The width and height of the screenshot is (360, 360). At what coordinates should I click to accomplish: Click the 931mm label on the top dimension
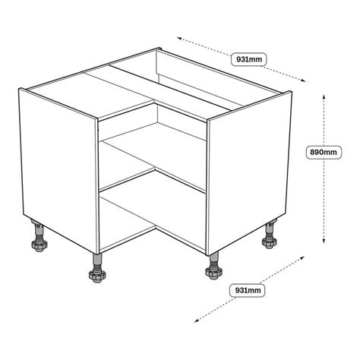[x=248, y=59]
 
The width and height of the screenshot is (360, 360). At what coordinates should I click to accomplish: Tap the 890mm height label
[x=324, y=152]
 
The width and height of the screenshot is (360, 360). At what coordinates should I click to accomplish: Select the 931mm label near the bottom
[x=248, y=290]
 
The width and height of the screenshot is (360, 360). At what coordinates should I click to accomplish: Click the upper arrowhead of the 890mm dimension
[x=324, y=96]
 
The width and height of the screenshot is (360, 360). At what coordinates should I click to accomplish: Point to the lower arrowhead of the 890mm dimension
[x=324, y=241]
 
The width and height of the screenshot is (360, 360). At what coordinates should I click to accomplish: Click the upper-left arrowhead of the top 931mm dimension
[x=179, y=38]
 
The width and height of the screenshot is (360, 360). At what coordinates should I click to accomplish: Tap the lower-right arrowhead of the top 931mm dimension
[x=303, y=81]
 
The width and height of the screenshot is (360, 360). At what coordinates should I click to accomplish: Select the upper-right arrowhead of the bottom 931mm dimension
[x=302, y=257]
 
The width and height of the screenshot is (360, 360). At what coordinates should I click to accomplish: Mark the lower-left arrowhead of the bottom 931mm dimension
[x=197, y=321]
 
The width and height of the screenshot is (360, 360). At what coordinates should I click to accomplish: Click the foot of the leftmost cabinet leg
[x=39, y=245]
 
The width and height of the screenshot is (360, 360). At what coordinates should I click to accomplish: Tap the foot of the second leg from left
[x=97, y=276]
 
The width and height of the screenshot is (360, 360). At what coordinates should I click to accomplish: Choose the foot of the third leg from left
[x=213, y=273]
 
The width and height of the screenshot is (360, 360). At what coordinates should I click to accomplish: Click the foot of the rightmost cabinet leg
[x=270, y=242]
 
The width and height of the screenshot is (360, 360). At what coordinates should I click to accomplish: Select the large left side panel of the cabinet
[x=58, y=171]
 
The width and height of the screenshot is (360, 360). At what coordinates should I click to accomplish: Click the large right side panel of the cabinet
[x=249, y=172]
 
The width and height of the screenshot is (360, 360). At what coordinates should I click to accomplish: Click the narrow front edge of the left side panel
[x=96, y=186]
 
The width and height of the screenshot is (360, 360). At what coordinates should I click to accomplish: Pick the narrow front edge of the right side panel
[x=207, y=188]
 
